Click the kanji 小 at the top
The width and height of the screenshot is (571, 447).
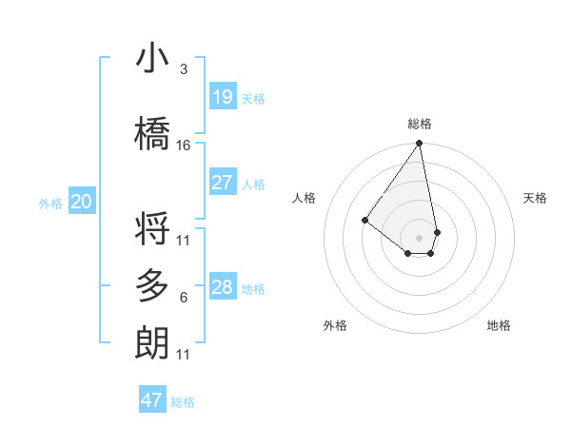pyautogui.click(x=152, y=59)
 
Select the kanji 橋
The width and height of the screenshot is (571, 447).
pyautogui.click(x=152, y=134)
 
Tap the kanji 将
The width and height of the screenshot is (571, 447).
pyautogui.click(x=152, y=229)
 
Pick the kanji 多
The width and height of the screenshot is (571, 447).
pyautogui.click(x=152, y=286)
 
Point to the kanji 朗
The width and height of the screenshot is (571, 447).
pyautogui.click(x=152, y=342)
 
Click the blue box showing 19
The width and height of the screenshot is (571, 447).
pyautogui.click(x=222, y=97)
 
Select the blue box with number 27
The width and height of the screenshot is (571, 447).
pyautogui.click(x=222, y=183)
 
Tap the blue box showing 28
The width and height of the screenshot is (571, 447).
pyautogui.click(x=222, y=287)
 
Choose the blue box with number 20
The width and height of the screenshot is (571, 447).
pyautogui.click(x=82, y=202)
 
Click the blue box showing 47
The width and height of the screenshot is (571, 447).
pyautogui.click(x=152, y=400)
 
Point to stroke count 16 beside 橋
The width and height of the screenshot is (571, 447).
pyautogui.click(x=184, y=146)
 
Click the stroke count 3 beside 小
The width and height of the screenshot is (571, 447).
pyautogui.click(x=184, y=70)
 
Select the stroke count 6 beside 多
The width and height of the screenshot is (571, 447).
pyautogui.click(x=184, y=298)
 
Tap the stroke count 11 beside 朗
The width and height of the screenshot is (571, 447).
pyautogui.click(x=184, y=355)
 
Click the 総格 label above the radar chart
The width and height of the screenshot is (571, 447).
pyautogui.click(x=420, y=124)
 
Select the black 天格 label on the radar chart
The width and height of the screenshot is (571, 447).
pyautogui.click(x=535, y=198)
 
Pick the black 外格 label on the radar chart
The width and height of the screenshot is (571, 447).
pyautogui.click(x=335, y=325)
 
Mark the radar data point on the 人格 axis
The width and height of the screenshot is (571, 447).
pyautogui.click(x=364, y=220)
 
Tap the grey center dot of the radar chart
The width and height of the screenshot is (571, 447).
pyautogui.click(x=420, y=237)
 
